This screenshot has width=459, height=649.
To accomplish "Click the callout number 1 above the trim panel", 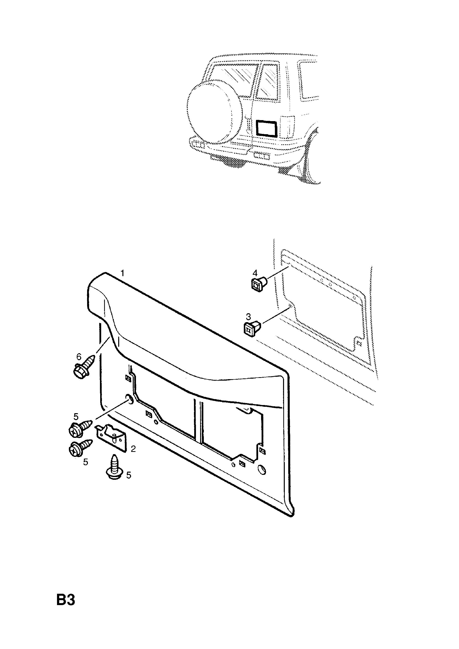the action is click(122, 273).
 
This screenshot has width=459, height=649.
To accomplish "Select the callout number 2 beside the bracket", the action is click(133, 449).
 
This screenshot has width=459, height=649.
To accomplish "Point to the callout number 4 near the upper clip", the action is click(255, 273).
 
